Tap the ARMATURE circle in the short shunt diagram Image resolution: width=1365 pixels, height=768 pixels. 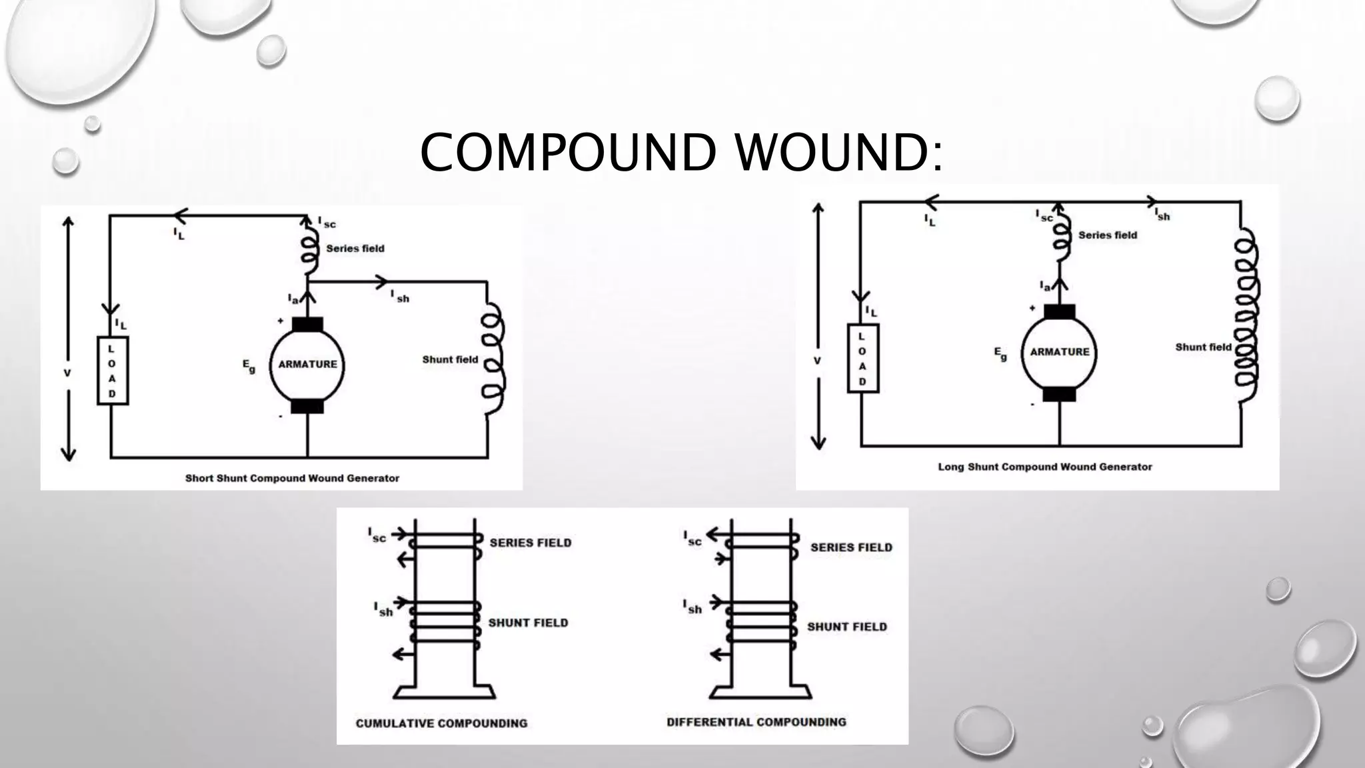(307, 365)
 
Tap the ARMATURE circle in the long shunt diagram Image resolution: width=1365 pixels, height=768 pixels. (1059, 352)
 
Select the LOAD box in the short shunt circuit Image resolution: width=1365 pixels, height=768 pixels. (113, 371)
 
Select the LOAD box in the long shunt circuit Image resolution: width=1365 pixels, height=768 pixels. (863, 358)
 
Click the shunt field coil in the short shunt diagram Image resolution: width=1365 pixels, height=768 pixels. (494, 360)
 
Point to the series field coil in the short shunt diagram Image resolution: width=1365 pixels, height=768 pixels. (309, 248)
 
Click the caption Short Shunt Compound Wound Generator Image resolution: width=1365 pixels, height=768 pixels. (292, 478)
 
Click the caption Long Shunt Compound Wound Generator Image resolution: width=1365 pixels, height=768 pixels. (1044, 467)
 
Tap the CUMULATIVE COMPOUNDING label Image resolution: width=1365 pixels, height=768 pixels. (441, 723)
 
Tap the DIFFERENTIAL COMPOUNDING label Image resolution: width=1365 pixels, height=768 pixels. (756, 722)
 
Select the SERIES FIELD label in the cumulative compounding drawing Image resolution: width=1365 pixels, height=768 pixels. (531, 543)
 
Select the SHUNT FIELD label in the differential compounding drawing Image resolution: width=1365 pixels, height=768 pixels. (846, 627)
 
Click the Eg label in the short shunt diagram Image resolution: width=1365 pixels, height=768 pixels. (249, 367)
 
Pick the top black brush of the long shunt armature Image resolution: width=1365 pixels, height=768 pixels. (1060, 311)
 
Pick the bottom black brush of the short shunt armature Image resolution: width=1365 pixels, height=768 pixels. (307, 406)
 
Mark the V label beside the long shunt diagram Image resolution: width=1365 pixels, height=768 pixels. (817, 361)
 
